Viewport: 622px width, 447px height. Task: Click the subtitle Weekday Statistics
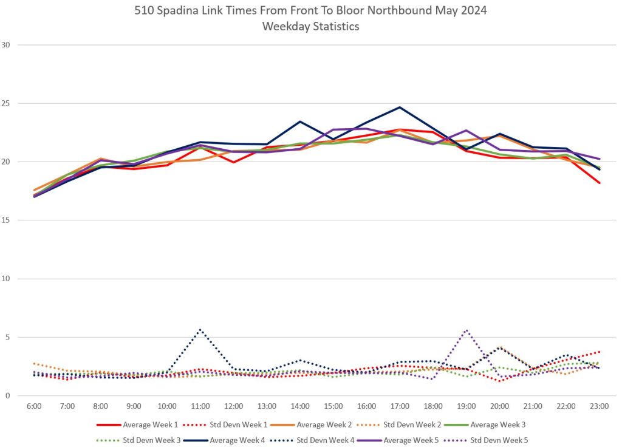tap(310, 26)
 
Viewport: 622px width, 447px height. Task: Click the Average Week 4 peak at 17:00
tap(400, 107)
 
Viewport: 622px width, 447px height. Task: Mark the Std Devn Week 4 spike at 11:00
tap(200, 330)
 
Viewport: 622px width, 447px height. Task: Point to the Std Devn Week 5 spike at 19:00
tap(466, 330)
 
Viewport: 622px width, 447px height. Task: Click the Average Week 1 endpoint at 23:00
tap(599, 183)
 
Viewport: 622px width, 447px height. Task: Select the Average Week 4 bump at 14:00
tap(300, 121)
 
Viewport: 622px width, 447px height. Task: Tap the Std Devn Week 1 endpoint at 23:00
tap(599, 352)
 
